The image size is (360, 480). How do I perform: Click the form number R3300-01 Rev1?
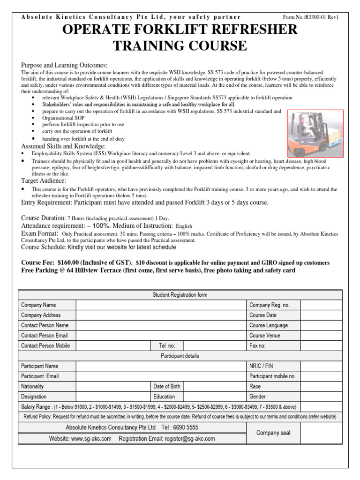[310, 17]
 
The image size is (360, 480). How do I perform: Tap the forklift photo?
[315, 133]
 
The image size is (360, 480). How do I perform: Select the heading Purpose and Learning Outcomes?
[64, 65]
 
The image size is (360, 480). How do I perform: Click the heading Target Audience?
[44, 180]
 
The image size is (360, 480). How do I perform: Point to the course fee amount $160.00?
[72, 262]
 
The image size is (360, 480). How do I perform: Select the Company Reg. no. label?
[270, 305]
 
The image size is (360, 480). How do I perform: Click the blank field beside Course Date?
[321, 315]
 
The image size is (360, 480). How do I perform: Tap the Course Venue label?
[265, 336]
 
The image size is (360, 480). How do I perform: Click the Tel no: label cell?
[167, 346]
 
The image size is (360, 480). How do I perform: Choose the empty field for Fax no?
[321, 346]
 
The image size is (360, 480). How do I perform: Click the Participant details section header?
[180, 356]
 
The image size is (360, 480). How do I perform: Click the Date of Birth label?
[167, 387]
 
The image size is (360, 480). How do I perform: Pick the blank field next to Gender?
[321, 397]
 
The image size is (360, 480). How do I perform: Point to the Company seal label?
[273, 433]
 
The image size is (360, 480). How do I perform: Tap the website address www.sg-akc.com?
[91, 439]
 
